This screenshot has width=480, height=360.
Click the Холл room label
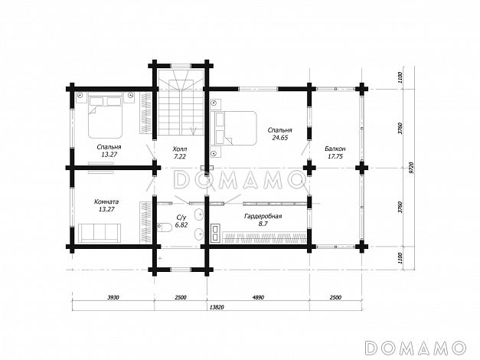pos(180,149)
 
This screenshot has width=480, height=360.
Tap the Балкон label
pos(335,149)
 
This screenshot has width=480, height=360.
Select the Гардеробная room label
pos(263,216)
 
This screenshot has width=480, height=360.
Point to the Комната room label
pos(106,202)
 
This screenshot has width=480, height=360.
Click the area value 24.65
pos(280,138)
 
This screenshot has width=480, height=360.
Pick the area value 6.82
pos(181,225)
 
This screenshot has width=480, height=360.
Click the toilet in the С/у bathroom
pos(165,227)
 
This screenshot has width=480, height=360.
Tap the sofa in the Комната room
pos(100,232)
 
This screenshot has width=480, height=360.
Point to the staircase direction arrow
pos(193,131)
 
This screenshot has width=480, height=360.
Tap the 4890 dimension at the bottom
pos(258,297)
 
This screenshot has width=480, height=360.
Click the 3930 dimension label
pos(113,297)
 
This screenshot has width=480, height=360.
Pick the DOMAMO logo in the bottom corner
pos(416,348)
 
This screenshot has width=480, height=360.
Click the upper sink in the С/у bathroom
pos(199,214)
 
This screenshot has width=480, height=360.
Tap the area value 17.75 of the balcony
pos(335,156)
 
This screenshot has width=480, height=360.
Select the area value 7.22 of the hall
pos(180,157)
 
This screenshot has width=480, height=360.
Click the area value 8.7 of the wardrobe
pos(263,224)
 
